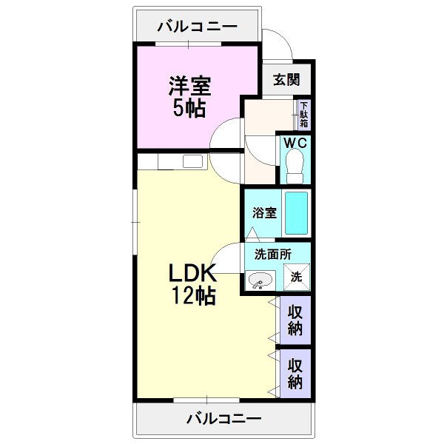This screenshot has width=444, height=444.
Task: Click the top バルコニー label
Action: [x=198, y=27]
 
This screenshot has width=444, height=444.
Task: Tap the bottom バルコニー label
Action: [x=223, y=419]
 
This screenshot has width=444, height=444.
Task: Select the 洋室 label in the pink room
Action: [x=189, y=86]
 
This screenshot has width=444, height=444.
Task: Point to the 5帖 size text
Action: [x=189, y=108]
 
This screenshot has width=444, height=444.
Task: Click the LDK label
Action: [x=192, y=272]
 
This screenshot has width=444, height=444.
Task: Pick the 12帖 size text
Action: [x=194, y=295]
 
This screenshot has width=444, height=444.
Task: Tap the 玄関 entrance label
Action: [x=286, y=80]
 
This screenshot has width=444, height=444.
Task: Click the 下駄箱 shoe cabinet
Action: [x=304, y=115]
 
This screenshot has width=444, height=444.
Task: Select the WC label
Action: [x=295, y=143]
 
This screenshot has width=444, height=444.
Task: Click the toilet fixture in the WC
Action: [x=295, y=166]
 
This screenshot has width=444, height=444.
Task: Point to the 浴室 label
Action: [x=264, y=212]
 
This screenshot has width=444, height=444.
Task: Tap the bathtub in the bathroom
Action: [x=296, y=213]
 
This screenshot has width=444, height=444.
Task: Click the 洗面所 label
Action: [x=273, y=255]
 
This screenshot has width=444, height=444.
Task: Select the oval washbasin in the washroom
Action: [x=260, y=280]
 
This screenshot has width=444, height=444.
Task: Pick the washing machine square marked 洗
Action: [x=297, y=277]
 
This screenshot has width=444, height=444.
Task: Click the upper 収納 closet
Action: [x=295, y=320]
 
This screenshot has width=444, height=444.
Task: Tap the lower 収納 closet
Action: [x=295, y=374]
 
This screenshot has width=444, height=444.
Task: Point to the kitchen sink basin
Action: [x=192, y=161]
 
